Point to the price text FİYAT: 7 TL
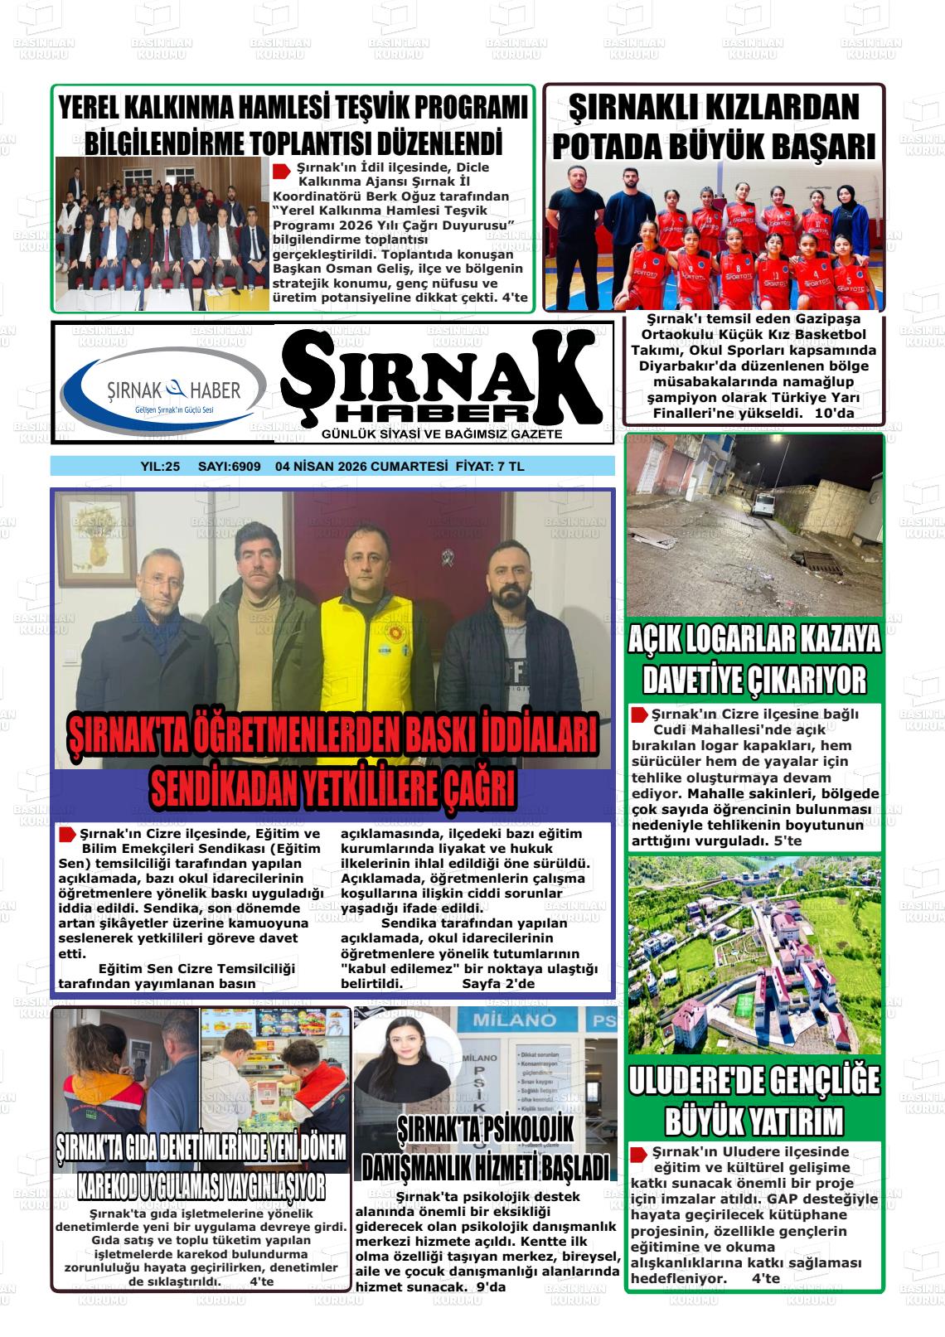coord(490,467)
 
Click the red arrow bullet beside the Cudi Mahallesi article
coord(639,715)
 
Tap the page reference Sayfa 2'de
coord(498,984)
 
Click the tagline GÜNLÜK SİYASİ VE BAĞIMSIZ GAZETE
coord(442,434)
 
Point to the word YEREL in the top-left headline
coord(92,109)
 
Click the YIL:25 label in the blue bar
coord(160,467)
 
